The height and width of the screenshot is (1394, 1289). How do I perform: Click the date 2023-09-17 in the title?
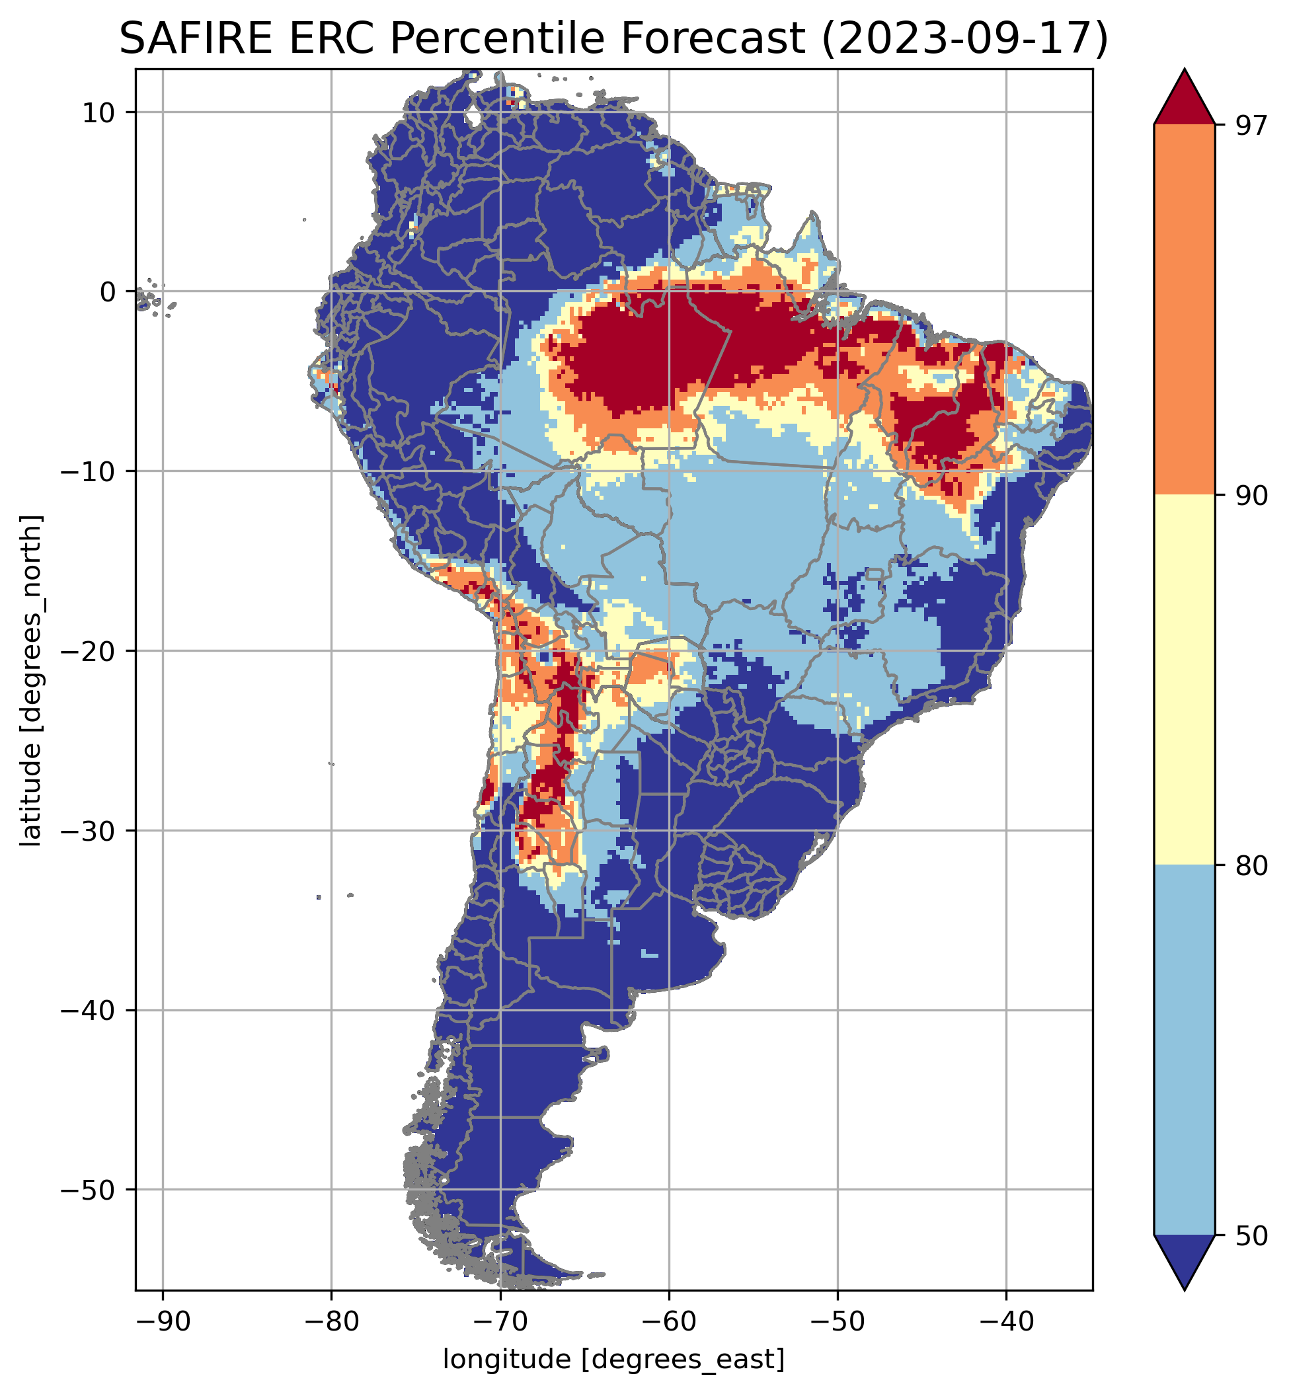pos(964,38)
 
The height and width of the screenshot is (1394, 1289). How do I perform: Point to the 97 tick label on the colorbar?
pos(1249,126)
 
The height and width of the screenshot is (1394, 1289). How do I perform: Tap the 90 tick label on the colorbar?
pos(1249,496)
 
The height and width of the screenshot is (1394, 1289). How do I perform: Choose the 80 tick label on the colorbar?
pos(1249,865)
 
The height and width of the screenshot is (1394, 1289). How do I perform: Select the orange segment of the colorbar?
pos(1185,310)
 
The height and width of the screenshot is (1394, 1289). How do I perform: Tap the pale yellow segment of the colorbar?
pos(1185,680)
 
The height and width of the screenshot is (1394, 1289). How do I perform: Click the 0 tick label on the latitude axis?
pos(106,292)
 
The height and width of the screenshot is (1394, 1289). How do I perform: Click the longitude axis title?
pos(614,1359)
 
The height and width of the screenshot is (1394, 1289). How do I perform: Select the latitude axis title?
pos(30,681)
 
